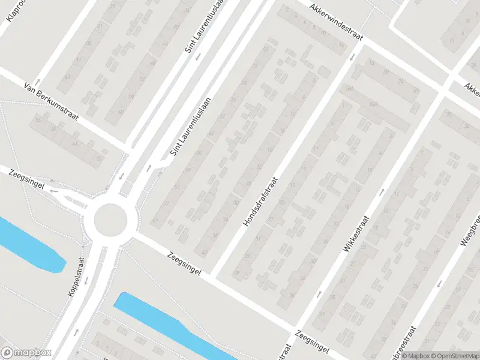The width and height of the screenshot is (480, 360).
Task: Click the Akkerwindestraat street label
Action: (x=337, y=24)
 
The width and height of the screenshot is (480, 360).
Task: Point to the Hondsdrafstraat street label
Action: (x=261, y=202)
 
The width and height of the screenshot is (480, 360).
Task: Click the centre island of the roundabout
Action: (x=112, y=220)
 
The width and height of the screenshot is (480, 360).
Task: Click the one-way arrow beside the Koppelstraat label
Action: (x=86, y=280)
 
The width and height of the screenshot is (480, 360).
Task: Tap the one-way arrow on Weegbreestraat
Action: (x=439, y=284)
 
